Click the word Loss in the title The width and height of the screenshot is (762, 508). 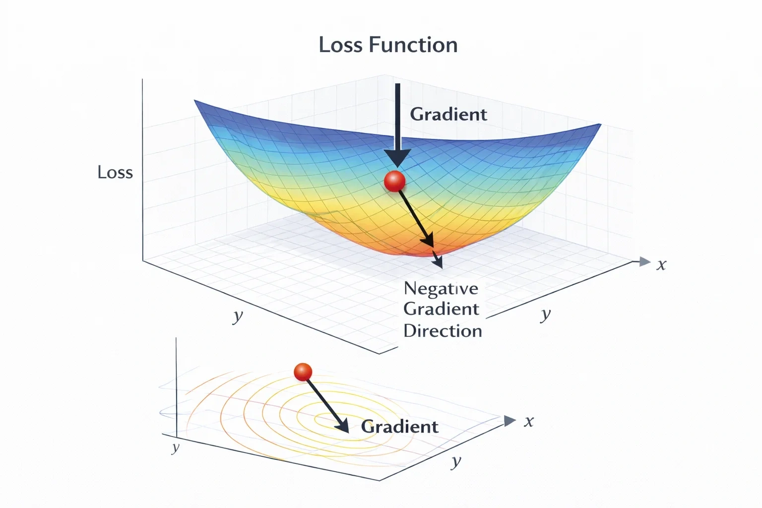tap(340, 45)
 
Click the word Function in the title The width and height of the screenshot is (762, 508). tap(413, 45)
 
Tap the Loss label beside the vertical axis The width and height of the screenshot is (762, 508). tap(115, 172)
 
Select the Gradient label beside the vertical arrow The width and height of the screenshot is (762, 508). tap(448, 114)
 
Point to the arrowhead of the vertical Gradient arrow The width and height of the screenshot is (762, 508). tap(398, 159)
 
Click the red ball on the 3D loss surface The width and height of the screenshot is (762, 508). tap(394, 181)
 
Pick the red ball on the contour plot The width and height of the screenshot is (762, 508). tap(303, 372)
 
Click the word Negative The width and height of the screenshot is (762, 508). tap(441, 289)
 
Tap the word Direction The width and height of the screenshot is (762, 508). tap(443, 331)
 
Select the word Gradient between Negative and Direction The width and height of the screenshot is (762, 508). tap(441, 309)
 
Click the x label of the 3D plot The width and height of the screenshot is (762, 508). tap(661, 264)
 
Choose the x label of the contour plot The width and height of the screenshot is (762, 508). tap(529, 422)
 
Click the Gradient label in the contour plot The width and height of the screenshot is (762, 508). tap(399, 427)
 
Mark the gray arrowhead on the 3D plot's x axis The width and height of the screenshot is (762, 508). tap(644, 261)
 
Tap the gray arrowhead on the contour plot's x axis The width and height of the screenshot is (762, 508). tap(509, 421)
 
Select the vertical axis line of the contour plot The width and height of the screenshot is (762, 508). tap(176, 387)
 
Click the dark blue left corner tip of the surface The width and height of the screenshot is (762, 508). tap(195, 101)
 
